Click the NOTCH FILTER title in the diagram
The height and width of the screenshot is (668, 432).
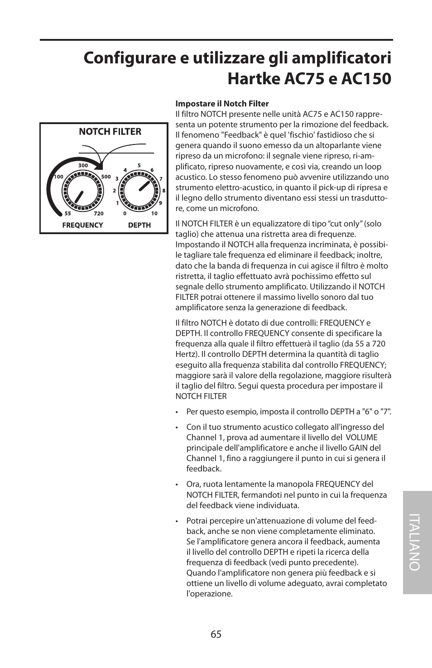click(x=110, y=132)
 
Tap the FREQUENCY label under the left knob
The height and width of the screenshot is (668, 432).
click(x=82, y=225)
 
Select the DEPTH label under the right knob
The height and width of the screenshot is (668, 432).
click(x=139, y=225)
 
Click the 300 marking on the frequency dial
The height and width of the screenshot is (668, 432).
click(x=83, y=166)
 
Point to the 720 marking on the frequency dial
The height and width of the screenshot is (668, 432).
click(x=99, y=213)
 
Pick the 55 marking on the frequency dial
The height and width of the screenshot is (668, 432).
click(x=67, y=213)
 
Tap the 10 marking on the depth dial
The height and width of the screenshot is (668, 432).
click(x=154, y=213)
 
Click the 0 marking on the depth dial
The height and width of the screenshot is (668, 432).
click(x=125, y=213)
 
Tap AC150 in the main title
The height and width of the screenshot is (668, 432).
click(x=366, y=79)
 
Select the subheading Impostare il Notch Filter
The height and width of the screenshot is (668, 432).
click(x=222, y=104)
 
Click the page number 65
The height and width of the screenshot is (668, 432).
click(x=216, y=634)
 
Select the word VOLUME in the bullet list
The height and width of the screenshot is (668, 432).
click(x=361, y=437)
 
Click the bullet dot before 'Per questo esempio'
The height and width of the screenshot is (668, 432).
click(x=178, y=412)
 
